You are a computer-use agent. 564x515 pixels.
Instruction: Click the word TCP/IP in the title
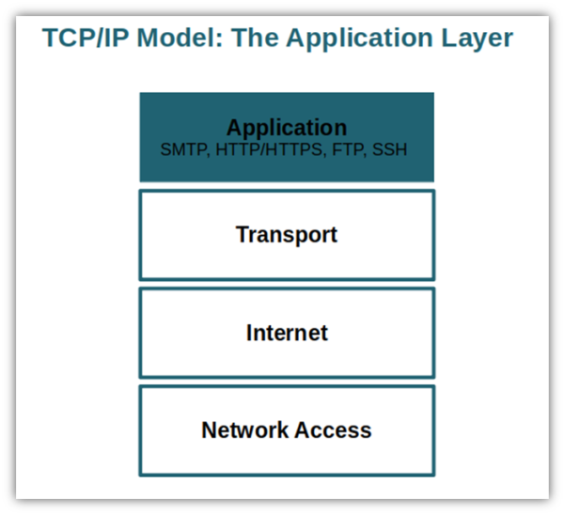click(x=86, y=38)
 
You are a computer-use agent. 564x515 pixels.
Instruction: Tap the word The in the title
click(x=255, y=38)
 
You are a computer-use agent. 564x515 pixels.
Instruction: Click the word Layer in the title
click(x=477, y=39)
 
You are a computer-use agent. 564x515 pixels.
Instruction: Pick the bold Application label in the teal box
click(x=287, y=128)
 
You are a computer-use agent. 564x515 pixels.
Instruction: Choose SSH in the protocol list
click(x=389, y=149)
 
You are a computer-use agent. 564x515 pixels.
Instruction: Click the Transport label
click(x=287, y=235)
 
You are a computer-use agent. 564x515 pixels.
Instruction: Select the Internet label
click(x=287, y=333)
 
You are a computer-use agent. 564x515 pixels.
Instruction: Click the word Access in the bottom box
click(x=334, y=429)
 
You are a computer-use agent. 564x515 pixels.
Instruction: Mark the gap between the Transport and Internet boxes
click(x=287, y=284)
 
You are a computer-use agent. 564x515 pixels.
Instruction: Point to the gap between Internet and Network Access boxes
click(x=287, y=382)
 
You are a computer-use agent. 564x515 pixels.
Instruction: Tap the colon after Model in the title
click(x=220, y=41)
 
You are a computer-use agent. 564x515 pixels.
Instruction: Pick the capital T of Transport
click(x=243, y=234)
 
